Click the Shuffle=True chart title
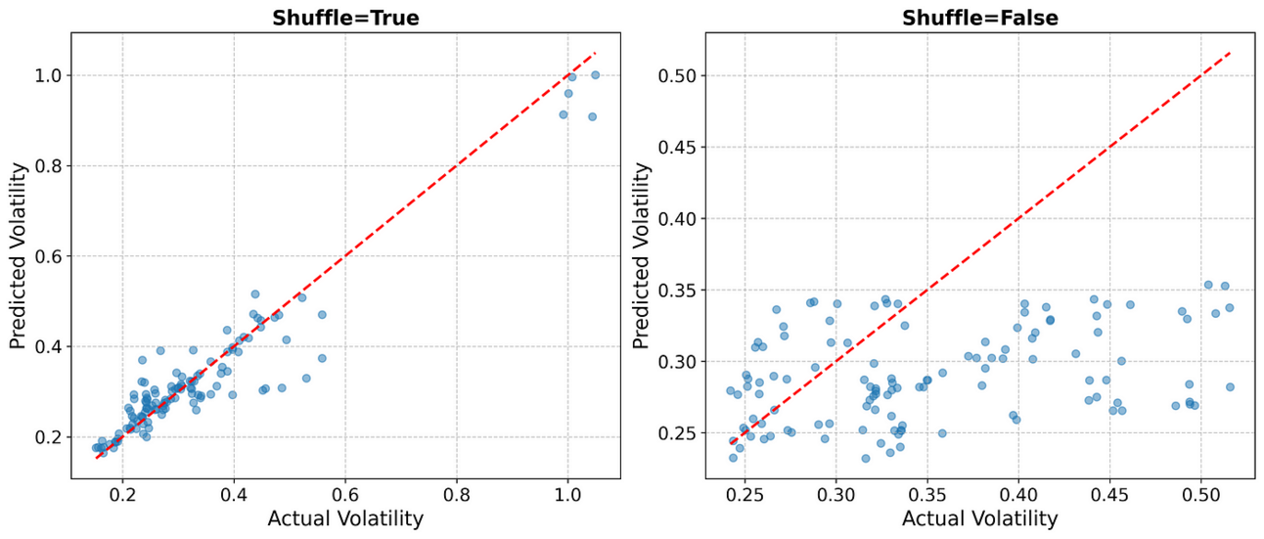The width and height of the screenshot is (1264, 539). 345,18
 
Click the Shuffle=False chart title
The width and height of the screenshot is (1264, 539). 979,18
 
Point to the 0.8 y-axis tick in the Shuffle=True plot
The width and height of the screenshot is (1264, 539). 50,166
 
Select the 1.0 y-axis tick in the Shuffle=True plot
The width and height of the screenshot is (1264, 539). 50,75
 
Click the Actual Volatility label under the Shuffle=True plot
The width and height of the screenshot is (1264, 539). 345,518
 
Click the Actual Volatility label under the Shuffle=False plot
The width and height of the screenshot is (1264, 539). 979,518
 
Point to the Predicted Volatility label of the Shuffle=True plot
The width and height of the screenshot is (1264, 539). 18,256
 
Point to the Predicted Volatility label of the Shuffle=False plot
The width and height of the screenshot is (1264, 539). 642,256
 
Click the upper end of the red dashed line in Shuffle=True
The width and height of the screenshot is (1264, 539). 595,52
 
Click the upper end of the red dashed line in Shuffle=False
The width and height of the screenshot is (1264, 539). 1230,52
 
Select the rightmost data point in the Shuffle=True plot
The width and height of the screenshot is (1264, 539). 595,75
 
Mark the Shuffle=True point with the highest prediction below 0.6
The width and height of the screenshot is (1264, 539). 255,293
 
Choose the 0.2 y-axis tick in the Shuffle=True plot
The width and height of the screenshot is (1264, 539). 50,437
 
